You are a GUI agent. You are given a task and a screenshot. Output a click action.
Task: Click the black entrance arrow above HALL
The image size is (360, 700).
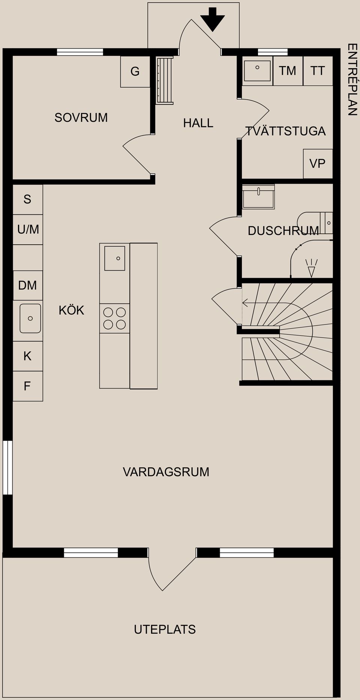[212, 19]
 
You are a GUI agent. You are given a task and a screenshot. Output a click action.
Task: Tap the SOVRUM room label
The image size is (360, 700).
[81, 118]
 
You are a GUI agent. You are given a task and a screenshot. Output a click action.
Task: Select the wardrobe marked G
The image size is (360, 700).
[135, 72]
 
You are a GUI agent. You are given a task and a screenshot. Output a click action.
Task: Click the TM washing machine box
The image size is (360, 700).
[288, 71]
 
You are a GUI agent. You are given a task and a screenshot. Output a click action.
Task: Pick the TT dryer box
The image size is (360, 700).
[318, 71]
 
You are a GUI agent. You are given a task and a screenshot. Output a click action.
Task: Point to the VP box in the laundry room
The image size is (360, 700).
[318, 164]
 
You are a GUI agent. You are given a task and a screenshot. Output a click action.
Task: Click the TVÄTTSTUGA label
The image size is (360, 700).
[285, 131]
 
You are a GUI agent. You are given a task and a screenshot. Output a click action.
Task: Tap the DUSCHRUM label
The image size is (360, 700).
[283, 231]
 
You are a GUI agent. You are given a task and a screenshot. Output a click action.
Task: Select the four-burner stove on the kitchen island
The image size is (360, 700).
[114, 318]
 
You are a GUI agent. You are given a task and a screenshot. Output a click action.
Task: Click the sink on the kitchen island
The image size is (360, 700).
[115, 258]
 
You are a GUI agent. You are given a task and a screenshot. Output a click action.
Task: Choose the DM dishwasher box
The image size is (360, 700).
[28, 286]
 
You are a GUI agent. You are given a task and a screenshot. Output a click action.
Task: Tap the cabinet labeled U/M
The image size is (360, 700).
[28, 229]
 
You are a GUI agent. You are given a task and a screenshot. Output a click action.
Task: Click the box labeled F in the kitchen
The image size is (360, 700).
[27, 386]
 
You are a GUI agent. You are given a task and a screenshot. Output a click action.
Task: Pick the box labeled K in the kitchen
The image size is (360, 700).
[27, 356]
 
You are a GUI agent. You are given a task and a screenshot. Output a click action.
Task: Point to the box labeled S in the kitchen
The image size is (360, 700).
[27, 199]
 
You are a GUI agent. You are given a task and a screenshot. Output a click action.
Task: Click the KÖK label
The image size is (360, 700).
[71, 310]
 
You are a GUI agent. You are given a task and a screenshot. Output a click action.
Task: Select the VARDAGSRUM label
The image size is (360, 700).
[166, 472]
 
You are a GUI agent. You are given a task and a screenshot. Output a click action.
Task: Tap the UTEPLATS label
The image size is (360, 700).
[165, 630]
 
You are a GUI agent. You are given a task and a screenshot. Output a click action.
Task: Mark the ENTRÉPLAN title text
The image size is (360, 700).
[352, 79]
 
